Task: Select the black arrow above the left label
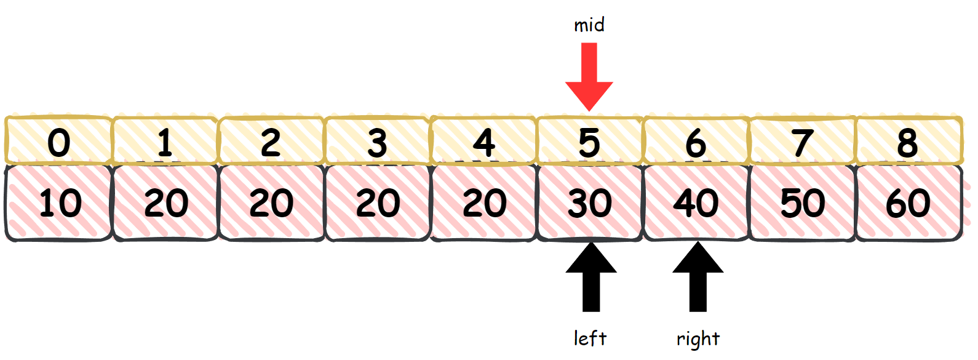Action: (x=591, y=277)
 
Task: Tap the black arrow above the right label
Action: (x=698, y=277)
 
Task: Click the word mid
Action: (x=589, y=25)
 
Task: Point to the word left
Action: (x=590, y=338)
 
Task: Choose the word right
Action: (x=698, y=339)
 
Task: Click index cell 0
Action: (x=59, y=142)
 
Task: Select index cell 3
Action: (x=377, y=142)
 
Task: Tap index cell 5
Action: (x=589, y=142)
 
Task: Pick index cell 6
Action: (x=696, y=142)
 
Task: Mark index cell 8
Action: (x=908, y=142)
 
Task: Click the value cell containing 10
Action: (x=59, y=202)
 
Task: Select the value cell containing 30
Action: (x=589, y=202)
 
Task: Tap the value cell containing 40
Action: (x=696, y=202)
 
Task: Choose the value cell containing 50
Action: (x=802, y=202)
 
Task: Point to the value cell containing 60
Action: (x=908, y=202)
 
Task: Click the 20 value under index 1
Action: (x=165, y=202)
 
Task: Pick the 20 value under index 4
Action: (x=483, y=202)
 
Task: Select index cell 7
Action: (x=802, y=142)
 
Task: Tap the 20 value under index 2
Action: (x=271, y=202)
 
